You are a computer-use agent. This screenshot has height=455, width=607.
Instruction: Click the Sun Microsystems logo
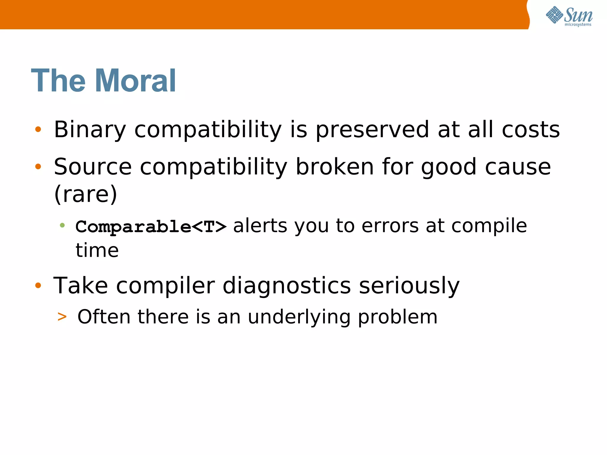coord(569,16)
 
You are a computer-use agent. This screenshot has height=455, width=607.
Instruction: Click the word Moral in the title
coord(135,81)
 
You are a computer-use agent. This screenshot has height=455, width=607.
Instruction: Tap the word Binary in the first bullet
coord(90,129)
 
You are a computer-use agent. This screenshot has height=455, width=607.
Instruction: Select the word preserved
coord(372,129)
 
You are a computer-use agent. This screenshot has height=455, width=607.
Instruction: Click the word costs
coord(531,129)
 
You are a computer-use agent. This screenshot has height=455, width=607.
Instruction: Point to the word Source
coord(93,167)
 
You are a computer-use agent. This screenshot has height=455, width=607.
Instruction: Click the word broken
coord(335,167)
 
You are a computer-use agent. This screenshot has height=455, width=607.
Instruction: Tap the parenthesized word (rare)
coord(86,194)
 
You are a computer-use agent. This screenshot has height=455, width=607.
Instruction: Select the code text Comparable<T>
coord(151,227)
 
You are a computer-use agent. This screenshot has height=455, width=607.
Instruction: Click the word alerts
coord(260,226)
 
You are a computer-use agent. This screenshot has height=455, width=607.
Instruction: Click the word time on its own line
coord(97,251)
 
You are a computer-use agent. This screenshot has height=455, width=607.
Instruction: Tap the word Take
coord(81,286)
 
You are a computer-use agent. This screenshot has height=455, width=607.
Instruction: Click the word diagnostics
coord(287,286)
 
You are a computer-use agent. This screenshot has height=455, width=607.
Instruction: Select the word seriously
coord(409,286)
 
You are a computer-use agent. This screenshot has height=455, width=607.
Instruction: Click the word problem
coord(397,317)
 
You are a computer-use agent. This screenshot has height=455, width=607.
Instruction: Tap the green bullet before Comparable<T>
coord(62,225)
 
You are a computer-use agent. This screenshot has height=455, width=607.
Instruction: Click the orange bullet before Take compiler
coord(38,285)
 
